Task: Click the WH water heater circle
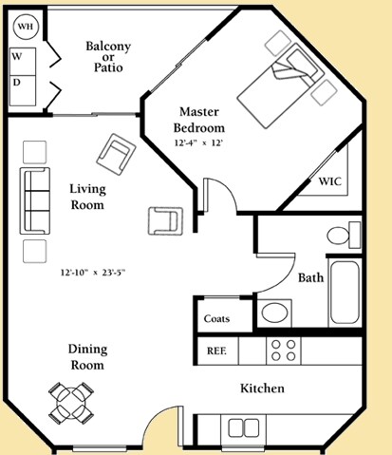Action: tap(25, 28)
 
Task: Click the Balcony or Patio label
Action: tap(107, 56)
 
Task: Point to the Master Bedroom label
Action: tap(199, 121)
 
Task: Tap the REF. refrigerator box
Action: tap(216, 351)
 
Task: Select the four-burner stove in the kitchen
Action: tap(281, 350)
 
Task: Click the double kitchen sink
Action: tap(243, 427)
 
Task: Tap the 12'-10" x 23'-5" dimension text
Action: tap(91, 273)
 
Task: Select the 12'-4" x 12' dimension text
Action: tap(200, 143)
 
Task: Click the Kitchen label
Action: tap(262, 389)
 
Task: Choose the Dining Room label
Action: tap(86, 357)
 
